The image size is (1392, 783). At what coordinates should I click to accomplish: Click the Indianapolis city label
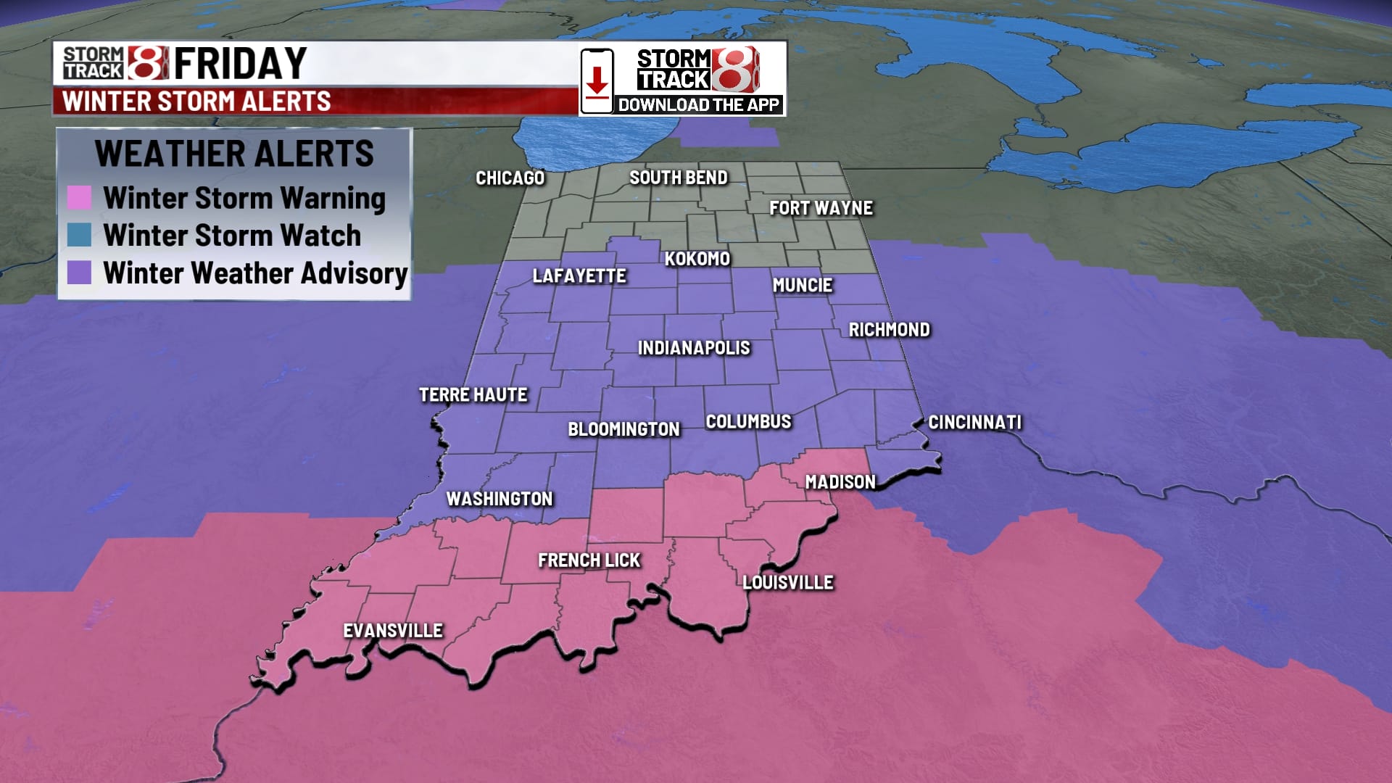(694, 348)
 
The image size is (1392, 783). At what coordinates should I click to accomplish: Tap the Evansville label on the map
(392, 630)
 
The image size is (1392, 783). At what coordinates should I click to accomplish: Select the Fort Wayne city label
(821, 208)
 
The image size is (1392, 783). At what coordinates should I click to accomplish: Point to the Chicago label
(510, 178)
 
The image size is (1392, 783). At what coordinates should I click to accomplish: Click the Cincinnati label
(974, 422)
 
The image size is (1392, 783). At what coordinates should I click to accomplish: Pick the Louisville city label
(787, 582)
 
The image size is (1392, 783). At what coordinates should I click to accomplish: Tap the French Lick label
(589, 560)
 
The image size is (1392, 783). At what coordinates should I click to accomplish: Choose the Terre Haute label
(473, 394)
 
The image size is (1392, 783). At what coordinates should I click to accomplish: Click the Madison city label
(840, 481)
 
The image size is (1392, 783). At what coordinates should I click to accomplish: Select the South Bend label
(678, 177)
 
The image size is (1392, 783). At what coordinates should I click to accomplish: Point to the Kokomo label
(697, 258)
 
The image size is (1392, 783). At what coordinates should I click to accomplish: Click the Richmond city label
(889, 329)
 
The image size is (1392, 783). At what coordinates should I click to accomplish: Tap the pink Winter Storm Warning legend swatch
(79, 197)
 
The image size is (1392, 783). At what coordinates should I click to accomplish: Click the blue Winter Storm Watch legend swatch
(79, 235)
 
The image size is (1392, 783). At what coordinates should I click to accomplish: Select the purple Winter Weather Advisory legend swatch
(79, 273)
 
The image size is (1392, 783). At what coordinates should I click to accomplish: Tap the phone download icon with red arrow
(597, 80)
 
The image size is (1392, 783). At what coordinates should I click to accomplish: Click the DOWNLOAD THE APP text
(698, 104)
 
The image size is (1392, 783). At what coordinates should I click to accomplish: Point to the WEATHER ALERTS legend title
(234, 153)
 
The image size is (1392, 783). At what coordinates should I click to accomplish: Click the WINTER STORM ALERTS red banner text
(196, 101)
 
